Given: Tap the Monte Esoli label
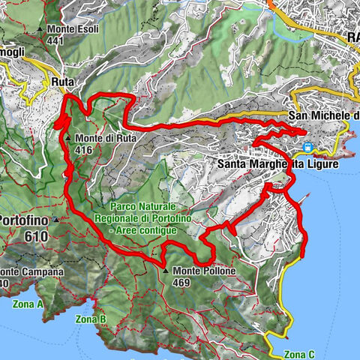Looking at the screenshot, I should (x=73, y=30).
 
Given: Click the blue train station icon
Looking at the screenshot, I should (x=307, y=148).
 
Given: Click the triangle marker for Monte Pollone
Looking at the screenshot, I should (x=165, y=271).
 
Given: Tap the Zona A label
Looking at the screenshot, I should (x=28, y=304).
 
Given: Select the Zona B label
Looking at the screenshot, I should (x=91, y=318).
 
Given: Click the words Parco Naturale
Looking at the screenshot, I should (x=142, y=205).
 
